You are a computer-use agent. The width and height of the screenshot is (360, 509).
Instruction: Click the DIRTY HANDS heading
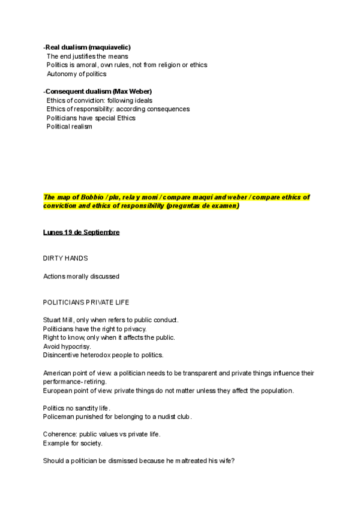(65, 258)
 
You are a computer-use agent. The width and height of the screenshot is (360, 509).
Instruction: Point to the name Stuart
(52, 320)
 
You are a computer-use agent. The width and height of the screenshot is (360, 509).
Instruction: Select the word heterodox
(94, 355)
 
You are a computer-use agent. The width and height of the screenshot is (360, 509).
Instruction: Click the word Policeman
(59, 417)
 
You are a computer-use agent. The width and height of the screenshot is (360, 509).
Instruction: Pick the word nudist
(157, 417)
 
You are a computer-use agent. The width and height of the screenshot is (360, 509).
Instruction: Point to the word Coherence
(59, 435)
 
